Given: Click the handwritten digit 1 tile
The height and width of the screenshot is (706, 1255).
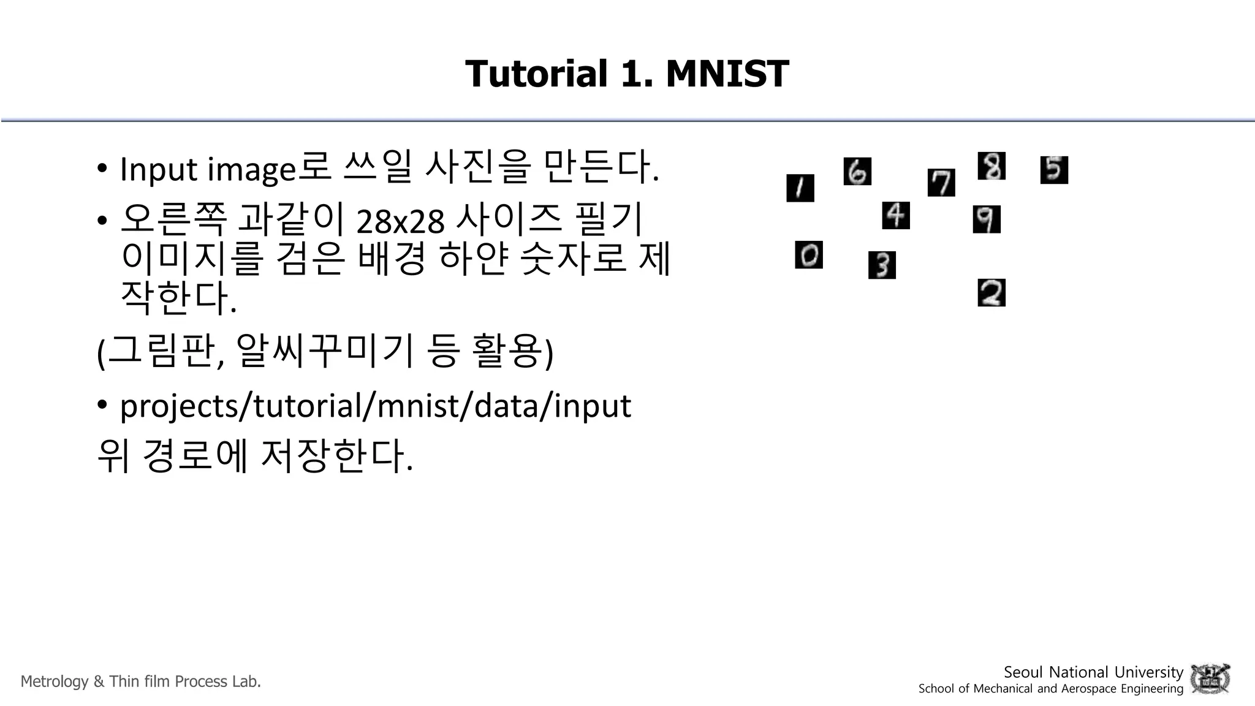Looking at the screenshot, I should click(800, 188).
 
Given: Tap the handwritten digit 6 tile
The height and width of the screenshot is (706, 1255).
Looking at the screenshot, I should click(857, 171).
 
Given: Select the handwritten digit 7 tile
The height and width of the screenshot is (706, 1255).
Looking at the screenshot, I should click(941, 183).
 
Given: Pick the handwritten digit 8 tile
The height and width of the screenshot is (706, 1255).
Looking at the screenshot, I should click(991, 166).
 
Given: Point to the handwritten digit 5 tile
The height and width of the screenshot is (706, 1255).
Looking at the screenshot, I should click(1053, 170).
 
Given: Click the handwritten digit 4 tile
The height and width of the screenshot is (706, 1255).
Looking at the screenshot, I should click(895, 215).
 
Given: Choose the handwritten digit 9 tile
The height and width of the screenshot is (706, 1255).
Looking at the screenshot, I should click(986, 219).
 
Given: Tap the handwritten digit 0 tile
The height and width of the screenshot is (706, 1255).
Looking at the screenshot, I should click(808, 255).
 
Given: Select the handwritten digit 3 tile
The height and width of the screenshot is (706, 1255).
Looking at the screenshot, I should click(882, 265).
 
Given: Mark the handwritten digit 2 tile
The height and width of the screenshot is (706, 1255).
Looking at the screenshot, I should click(991, 292).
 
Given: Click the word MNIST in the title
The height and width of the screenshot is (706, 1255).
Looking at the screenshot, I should click(727, 74).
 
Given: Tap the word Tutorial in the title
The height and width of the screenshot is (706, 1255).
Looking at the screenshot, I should click(536, 74).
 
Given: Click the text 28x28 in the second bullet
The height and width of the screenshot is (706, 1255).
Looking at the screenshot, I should click(400, 221).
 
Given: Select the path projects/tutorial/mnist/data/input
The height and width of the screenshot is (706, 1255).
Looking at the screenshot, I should click(375, 406).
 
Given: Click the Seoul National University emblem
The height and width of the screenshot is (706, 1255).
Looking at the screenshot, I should click(1210, 678).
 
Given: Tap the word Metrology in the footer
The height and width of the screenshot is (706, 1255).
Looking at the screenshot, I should click(55, 681).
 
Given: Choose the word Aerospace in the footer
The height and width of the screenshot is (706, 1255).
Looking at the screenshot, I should click(1088, 689).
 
